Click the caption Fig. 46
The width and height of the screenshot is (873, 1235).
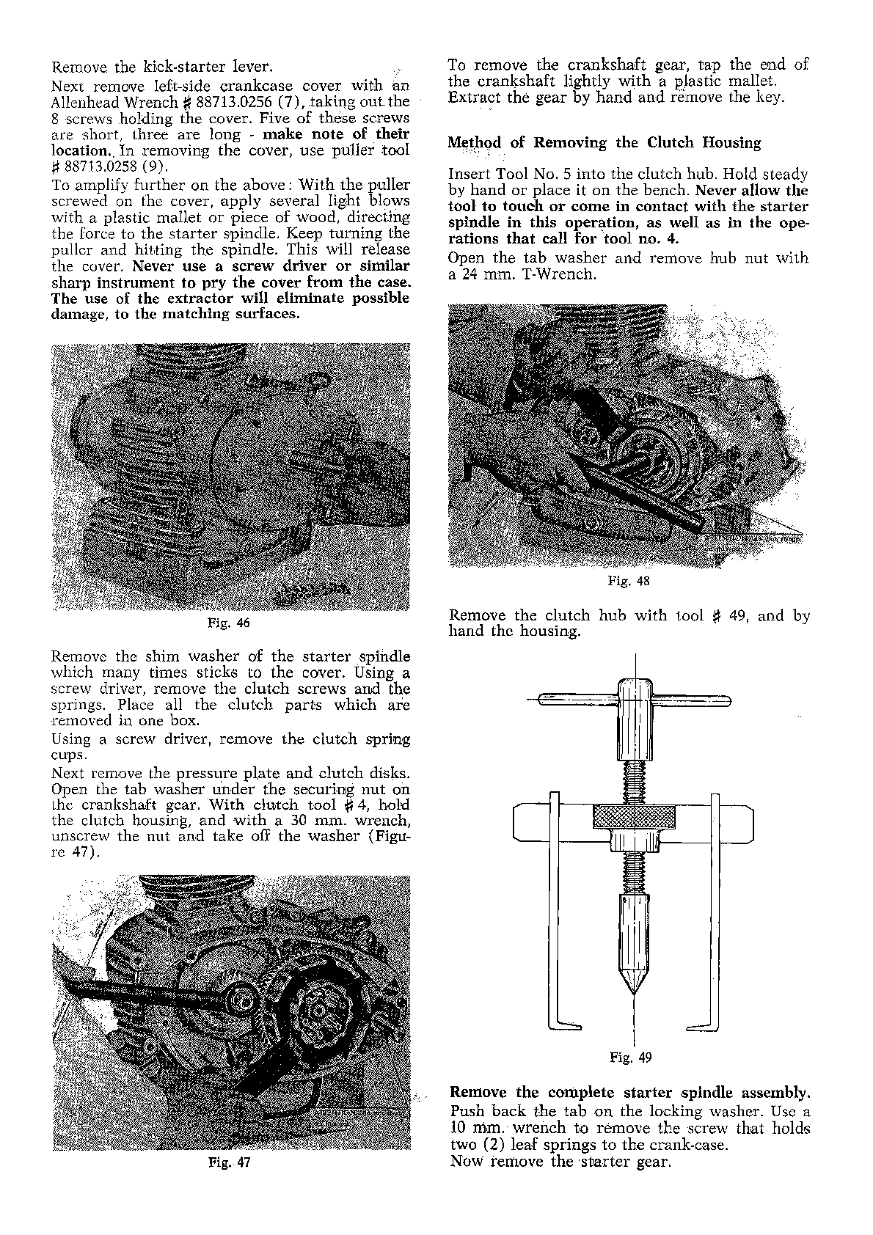coord(230,624)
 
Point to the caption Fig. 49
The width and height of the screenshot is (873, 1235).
coord(631,1057)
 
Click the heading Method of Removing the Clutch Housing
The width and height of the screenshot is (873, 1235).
coord(604,142)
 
